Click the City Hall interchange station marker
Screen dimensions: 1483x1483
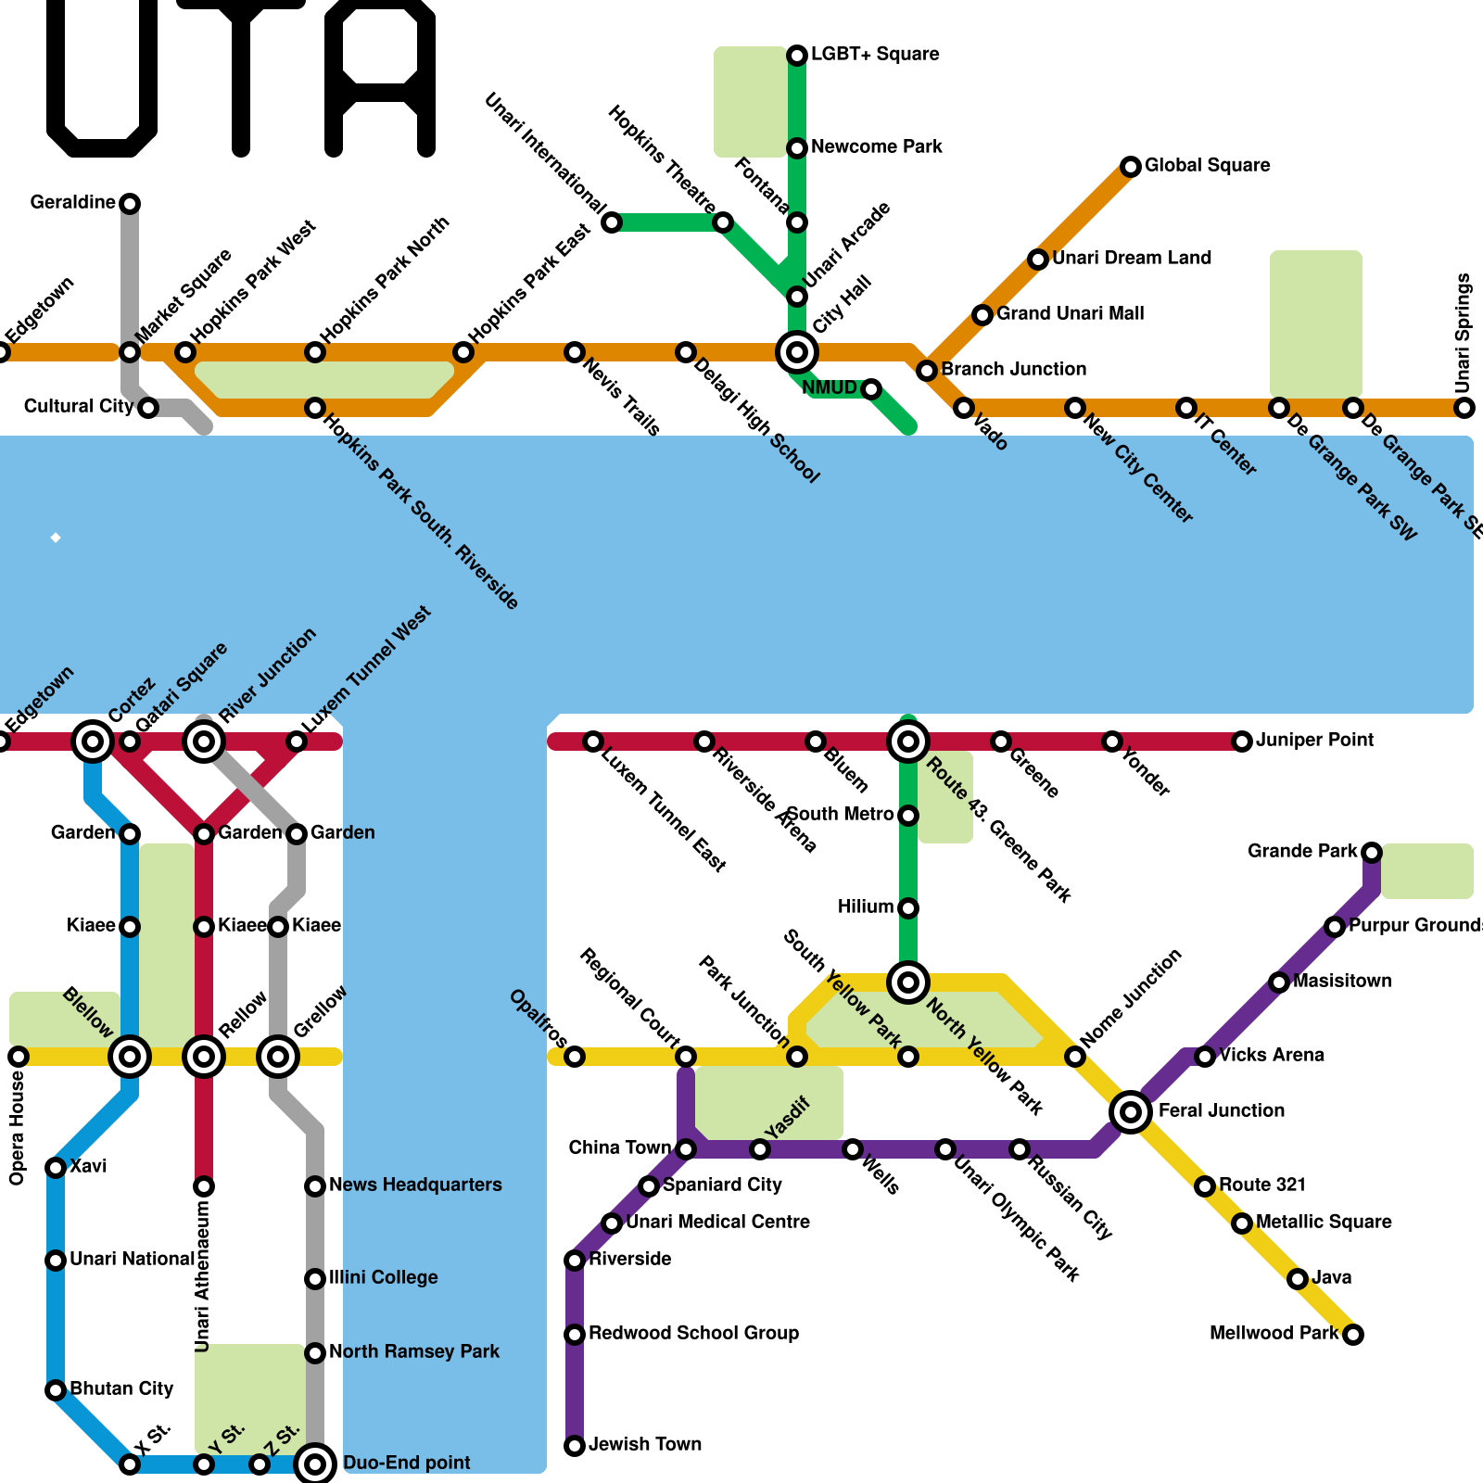pyautogui.click(x=796, y=352)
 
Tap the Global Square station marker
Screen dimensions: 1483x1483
pyautogui.click(x=1130, y=167)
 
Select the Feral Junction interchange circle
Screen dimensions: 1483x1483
pyautogui.click(x=1130, y=1111)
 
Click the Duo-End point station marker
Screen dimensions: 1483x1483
pyautogui.click(x=315, y=1464)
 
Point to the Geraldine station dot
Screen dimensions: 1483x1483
pyautogui.click(x=130, y=203)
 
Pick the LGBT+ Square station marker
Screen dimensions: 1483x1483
pyautogui.click(x=796, y=56)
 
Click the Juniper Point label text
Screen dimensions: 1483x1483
pyautogui.click(x=1314, y=740)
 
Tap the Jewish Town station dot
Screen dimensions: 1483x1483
pyautogui.click(x=575, y=1446)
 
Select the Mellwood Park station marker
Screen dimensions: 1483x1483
pyautogui.click(x=1353, y=1335)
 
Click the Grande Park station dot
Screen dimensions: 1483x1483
pyautogui.click(x=1372, y=852)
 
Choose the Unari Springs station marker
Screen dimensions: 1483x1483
pyautogui.click(x=1464, y=408)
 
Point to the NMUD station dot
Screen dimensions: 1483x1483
pyautogui.click(x=870, y=389)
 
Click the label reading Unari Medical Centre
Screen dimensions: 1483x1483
pyautogui.click(x=717, y=1222)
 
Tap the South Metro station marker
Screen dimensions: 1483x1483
pyautogui.click(x=908, y=816)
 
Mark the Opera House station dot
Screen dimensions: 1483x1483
pyautogui.click(x=19, y=1057)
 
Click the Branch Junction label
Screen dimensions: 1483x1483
pyautogui.click(x=1013, y=369)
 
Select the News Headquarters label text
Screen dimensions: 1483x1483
pyautogui.click(x=414, y=1185)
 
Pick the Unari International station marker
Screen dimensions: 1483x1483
pyautogui.click(x=612, y=222)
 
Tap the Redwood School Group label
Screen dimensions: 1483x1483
pyautogui.click(x=693, y=1333)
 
